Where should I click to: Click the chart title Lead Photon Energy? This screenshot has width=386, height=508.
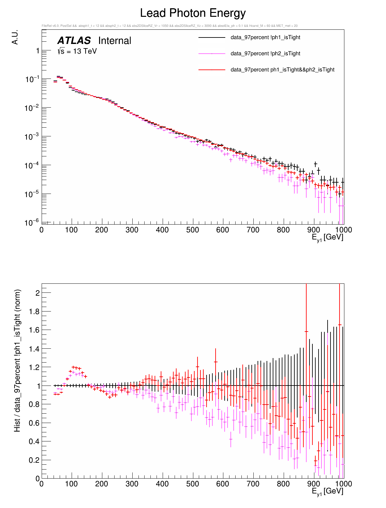(193, 13)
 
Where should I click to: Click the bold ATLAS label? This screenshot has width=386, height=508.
(74, 41)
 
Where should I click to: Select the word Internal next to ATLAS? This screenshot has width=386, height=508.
(115, 41)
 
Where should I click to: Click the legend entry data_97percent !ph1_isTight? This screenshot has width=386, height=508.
(265, 37)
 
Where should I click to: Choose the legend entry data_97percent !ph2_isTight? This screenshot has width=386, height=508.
(265, 54)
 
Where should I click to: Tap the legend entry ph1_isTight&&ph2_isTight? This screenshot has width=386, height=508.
(282, 70)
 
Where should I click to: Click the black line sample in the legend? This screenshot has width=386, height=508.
(212, 37)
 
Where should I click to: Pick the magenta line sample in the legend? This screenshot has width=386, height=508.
(212, 54)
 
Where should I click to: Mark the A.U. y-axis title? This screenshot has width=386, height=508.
(15, 37)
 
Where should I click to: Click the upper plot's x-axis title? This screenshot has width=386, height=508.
(327, 238)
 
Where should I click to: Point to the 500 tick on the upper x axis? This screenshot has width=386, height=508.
(193, 230)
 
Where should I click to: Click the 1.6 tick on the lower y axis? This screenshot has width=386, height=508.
(35, 330)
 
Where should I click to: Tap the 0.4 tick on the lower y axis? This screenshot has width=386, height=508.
(35, 441)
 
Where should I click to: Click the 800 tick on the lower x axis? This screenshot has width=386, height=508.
(283, 484)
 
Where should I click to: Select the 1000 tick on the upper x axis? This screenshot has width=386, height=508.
(343, 230)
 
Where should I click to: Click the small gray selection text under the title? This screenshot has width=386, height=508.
(169, 26)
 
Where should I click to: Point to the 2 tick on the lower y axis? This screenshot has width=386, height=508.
(37, 293)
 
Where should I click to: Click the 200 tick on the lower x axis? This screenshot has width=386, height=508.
(102, 484)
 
